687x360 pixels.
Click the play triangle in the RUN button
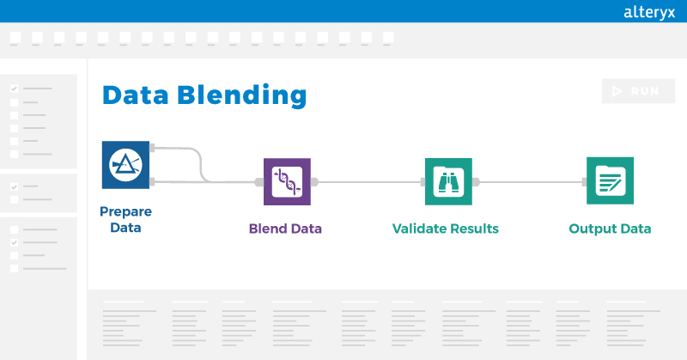[617, 91]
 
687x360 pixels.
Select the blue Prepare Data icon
[125, 164]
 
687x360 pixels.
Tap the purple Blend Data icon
[287, 181]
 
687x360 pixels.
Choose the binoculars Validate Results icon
[448, 181]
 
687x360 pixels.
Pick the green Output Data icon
[610, 181]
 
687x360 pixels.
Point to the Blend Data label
[285, 229]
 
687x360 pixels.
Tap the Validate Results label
[445, 229]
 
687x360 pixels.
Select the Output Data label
[610, 229]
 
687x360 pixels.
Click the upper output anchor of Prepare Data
[153, 148]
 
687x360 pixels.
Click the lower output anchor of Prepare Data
[153, 181]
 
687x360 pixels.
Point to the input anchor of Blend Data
[259, 181]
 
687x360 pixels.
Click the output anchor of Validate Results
[476, 181]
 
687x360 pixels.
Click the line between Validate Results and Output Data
[529, 181]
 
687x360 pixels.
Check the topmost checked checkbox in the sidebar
[14, 88]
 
